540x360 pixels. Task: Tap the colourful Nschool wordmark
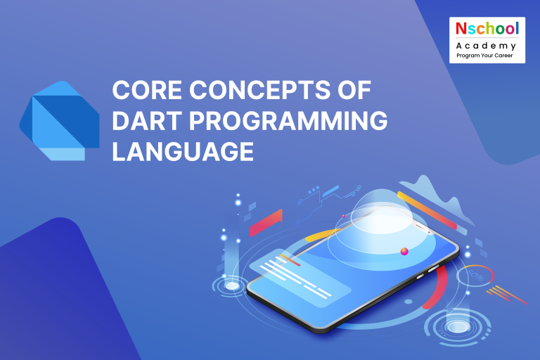click(487, 30)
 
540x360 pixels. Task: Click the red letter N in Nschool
click(461, 30)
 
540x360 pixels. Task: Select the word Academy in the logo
click(487, 44)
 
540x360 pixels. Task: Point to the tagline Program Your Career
click(487, 54)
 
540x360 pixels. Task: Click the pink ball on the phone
click(404, 251)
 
